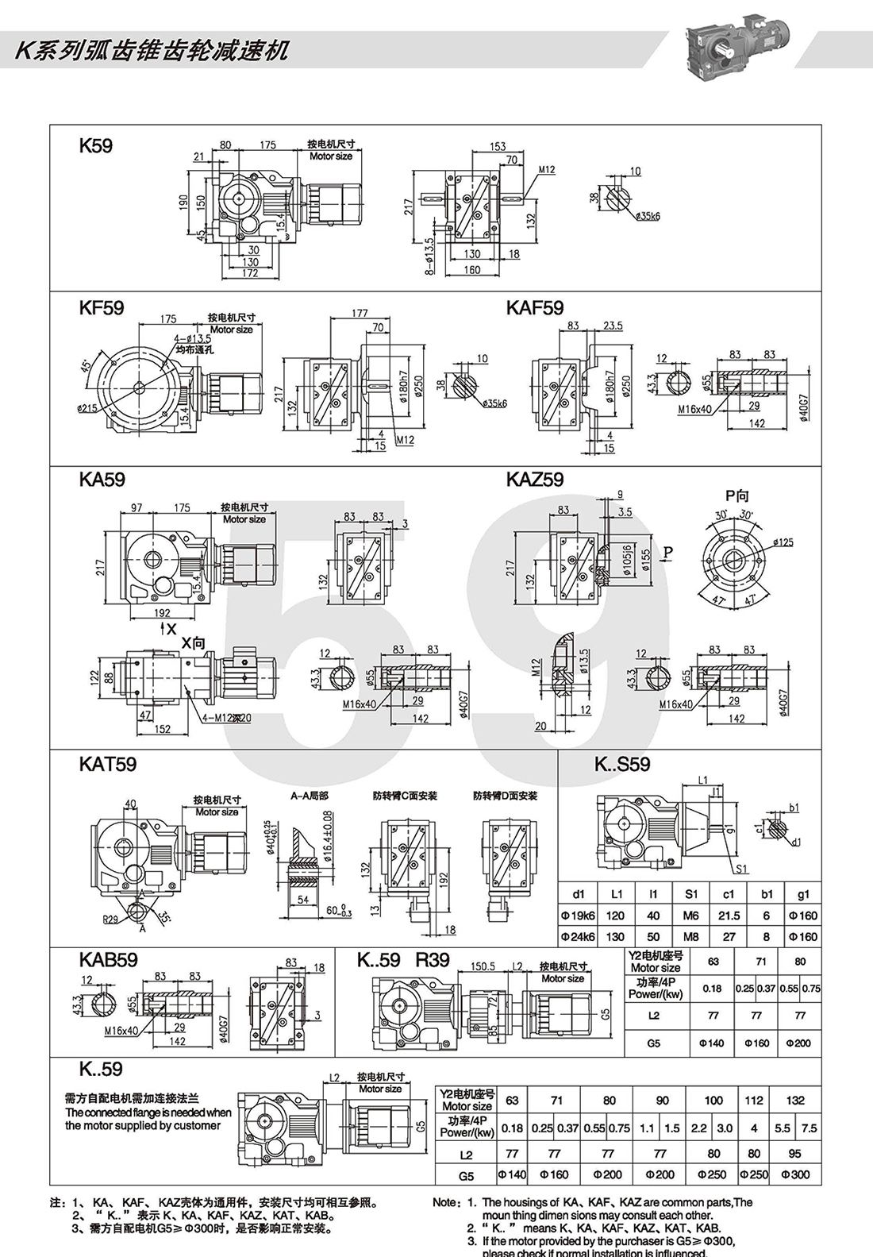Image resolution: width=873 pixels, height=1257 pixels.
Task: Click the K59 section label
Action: coord(95,146)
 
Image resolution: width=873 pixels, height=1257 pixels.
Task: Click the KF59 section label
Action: coord(102,308)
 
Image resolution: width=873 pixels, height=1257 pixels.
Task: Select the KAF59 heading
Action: coord(535,308)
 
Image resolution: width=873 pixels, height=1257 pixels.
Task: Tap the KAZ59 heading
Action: coord(535,480)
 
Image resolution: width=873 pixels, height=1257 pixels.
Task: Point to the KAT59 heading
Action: coord(108,764)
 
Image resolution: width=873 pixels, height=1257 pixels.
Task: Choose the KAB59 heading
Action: coord(109,959)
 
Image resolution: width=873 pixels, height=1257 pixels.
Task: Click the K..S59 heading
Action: coord(622,764)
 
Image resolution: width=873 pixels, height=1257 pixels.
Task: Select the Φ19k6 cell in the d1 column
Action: coord(578,916)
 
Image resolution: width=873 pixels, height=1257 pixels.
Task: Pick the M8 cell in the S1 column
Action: coord(690,937)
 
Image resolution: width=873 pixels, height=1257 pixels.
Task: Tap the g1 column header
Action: coord(803,894)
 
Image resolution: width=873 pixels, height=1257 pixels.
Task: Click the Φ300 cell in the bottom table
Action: coord(795,1174)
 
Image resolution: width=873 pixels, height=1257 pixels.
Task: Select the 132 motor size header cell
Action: coord(795,1101)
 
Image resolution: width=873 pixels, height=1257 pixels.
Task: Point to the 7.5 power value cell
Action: coord(809,1128)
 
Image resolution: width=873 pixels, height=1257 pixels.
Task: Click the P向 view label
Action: coord(736,496)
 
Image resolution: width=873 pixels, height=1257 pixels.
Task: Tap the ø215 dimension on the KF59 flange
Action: coord(88,408)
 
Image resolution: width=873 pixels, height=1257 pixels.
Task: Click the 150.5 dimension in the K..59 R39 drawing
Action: coord(483,967)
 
